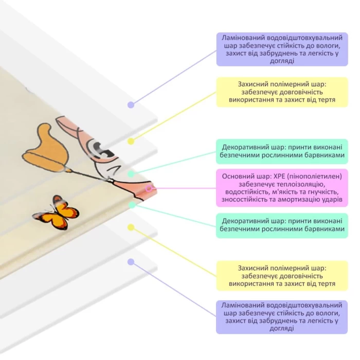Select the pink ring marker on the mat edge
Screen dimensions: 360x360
[x=149, y=189]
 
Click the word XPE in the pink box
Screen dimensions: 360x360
[x=279, y=176]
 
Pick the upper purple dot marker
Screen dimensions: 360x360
[x=131, y=105]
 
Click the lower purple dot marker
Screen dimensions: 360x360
[x=131, y=262]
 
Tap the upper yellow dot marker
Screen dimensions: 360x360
[x=131, y=141]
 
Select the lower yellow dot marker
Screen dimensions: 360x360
[x=131, y=227]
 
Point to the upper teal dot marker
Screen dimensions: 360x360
[x=131, y=174]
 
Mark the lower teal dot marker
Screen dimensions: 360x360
[x=132, y=205]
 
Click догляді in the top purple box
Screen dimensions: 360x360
[x=282, y=61]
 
